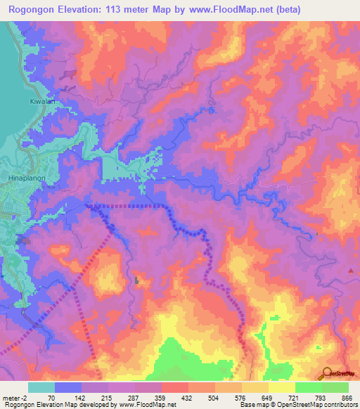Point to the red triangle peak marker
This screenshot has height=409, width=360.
click(351, 270)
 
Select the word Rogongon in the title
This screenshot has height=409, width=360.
click(34, 10)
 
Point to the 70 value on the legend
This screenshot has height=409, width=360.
click(51, 397)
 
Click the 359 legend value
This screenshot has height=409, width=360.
click(160, 397)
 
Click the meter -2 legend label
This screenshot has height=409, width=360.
click(15, 397)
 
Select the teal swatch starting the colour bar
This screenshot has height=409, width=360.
click(41, 387)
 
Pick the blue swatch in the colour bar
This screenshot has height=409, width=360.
click(67, 387)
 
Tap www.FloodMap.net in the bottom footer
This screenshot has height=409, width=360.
click(148, 405)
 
